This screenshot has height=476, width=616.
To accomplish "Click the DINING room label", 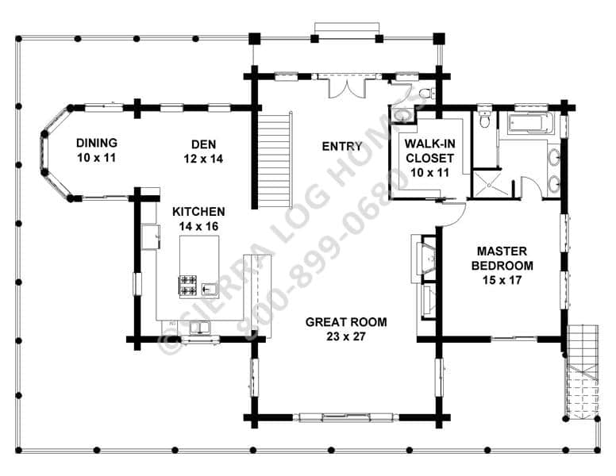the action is [97, 143].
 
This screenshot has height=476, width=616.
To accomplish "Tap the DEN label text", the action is [203, 144].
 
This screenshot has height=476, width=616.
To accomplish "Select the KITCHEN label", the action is [198, 212].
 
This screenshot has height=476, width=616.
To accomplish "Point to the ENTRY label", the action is [342, 147].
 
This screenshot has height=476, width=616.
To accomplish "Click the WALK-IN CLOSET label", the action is [429, 151].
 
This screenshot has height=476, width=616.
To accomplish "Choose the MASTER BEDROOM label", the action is [502, 258].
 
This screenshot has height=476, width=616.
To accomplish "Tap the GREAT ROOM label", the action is [346, 322].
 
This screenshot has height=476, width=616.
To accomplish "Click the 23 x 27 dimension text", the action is [346, 336].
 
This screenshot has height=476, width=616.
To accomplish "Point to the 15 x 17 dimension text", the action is [502, 280].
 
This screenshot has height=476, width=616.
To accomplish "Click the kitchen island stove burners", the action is [188, 286].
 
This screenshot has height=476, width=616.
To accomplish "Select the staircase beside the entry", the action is [275, 160].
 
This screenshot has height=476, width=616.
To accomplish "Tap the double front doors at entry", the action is [347, 87].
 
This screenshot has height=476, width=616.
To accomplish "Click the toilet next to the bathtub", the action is [485, 118].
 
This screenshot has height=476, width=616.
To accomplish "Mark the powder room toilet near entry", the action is [426, 94].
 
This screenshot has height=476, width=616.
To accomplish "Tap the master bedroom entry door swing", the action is [454, 214].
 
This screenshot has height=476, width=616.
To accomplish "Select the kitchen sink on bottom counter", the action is [200, 327].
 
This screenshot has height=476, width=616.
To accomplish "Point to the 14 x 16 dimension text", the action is [198, 226].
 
